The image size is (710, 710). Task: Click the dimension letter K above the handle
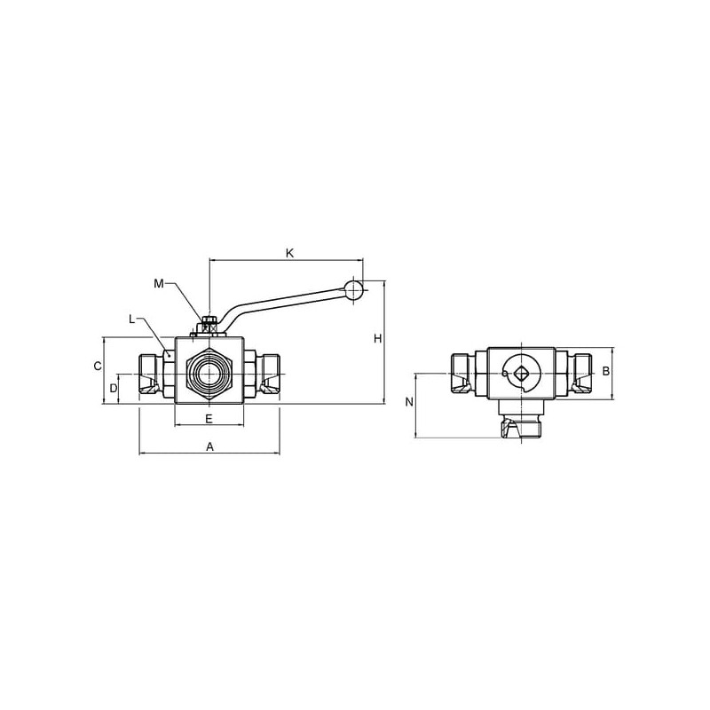click(x=290, y=253)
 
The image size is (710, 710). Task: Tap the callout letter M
click(x=159, y=284)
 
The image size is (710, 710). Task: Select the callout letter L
click(x=131, y=319)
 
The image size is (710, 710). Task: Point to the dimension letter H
click(x=378, y=338)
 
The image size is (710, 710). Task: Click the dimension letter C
click(x=98, y=366)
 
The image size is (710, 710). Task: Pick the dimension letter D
click(x=114, y=388)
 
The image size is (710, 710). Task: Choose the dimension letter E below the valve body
click(x=209, y=419)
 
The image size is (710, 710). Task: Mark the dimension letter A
click(x=209, y=447)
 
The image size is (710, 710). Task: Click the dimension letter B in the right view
click(x=606, y=371)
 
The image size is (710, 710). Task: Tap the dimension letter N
click(x=409, y=402)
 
